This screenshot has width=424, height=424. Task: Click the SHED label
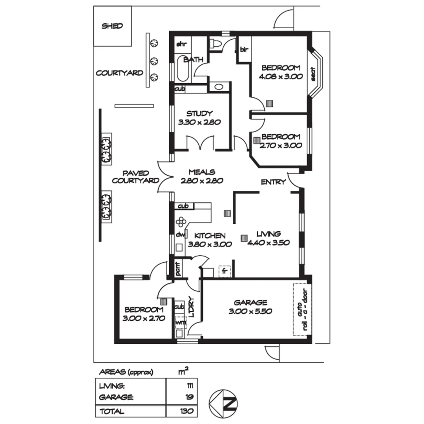point(112,26)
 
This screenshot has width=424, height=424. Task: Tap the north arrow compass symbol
point(223,403)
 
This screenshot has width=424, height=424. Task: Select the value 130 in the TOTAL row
point(187,411)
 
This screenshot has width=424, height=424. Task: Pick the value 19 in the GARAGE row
point(189,397)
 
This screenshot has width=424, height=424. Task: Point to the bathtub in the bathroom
point(183,70)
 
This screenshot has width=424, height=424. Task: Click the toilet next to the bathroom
point(216,44)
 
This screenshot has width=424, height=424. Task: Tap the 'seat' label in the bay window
point(314,73)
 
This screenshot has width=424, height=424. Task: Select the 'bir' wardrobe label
point(244,49)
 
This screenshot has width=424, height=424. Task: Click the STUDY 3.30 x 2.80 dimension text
point(199,122)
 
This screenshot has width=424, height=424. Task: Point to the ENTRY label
point(273,182)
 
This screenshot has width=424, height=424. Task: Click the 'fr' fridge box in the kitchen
point(225,271)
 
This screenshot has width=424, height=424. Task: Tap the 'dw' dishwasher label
point(180,235)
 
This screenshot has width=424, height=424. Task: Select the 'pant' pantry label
point(177,269)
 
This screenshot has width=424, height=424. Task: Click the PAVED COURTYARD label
point(135,177)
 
